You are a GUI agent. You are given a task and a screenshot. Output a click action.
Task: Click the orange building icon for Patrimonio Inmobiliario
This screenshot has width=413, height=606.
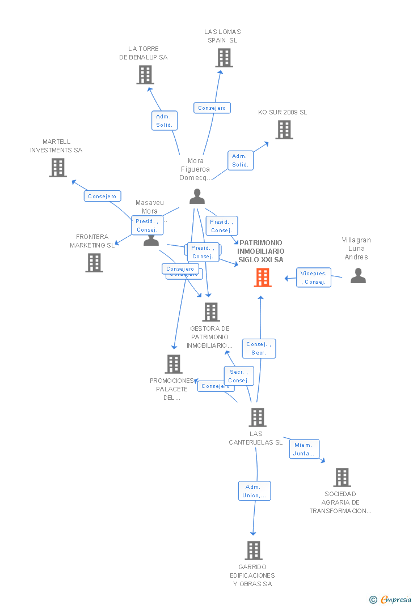pyautogui.click(x=262, y=278)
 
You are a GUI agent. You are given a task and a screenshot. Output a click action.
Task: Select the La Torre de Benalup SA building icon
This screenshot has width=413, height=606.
pyautogui.click(x=145, y=75)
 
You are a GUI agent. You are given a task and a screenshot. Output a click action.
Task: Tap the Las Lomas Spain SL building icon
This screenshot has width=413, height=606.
pyautogui.click(x=224, y=58)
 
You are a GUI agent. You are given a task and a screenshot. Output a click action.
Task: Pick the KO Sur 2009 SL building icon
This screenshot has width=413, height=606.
pyautogui.click(x=284, y=130)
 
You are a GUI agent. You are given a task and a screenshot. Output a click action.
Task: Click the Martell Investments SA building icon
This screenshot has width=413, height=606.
pyautogui.click(x=58, y=168)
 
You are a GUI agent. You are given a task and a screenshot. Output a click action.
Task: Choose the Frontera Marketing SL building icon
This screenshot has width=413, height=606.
pyautogui.click(x=94, y=262)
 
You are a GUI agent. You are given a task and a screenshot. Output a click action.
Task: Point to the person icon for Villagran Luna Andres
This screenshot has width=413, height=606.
pyautogui.click(x=358, y=275)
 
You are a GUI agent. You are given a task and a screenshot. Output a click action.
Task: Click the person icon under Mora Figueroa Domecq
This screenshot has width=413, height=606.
pyautogui.click(x=197, y=196)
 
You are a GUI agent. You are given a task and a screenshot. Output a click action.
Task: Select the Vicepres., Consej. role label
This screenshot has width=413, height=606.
pyautogui.click(x=314, y=278)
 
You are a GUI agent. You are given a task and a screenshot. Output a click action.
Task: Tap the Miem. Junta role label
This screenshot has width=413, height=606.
pyautogui.click(x=304, y=449)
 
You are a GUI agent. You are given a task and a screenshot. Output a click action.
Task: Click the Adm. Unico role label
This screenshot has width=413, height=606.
pyautogui.click(x=254, y=491)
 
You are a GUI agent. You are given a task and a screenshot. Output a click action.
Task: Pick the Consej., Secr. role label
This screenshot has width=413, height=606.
pyautogui.click(x=259, y=348)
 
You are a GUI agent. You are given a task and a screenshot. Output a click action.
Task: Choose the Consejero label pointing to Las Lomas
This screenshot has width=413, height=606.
pyautogui.click(x=212, y=108)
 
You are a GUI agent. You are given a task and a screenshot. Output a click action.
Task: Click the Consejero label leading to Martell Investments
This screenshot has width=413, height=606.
pyautogui.click(x=103, y=196)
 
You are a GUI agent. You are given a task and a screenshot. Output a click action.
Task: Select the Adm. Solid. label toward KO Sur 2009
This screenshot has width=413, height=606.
pyautogui.click(x=240, y=160)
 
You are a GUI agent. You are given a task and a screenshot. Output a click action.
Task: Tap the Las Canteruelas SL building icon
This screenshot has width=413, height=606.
pyautogui.click(x=258, y=417)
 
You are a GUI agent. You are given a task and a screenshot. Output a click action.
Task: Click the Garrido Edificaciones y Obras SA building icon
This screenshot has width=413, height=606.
pyautogui.click(x=254, y=550)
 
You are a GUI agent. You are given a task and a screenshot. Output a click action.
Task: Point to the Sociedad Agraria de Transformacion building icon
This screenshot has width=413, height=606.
pyautogui.click(x=342, y=477)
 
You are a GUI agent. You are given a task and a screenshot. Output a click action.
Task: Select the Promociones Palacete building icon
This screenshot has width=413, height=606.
pyautogui.click(x=174, y=364)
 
